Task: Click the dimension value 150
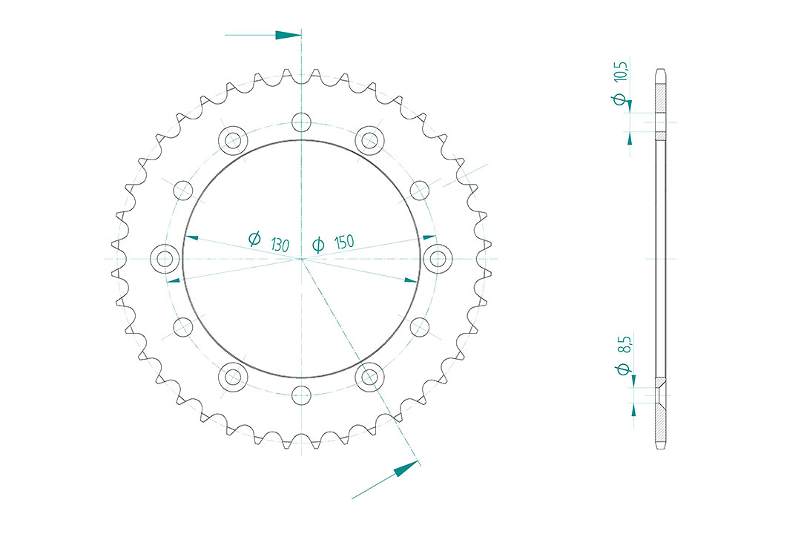[344, 242]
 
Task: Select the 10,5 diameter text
[620, 70]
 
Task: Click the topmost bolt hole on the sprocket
[301, 122]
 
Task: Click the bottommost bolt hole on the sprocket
[301, 395]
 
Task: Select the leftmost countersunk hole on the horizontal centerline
[165, 259]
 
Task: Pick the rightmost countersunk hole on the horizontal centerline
[438, 259]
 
